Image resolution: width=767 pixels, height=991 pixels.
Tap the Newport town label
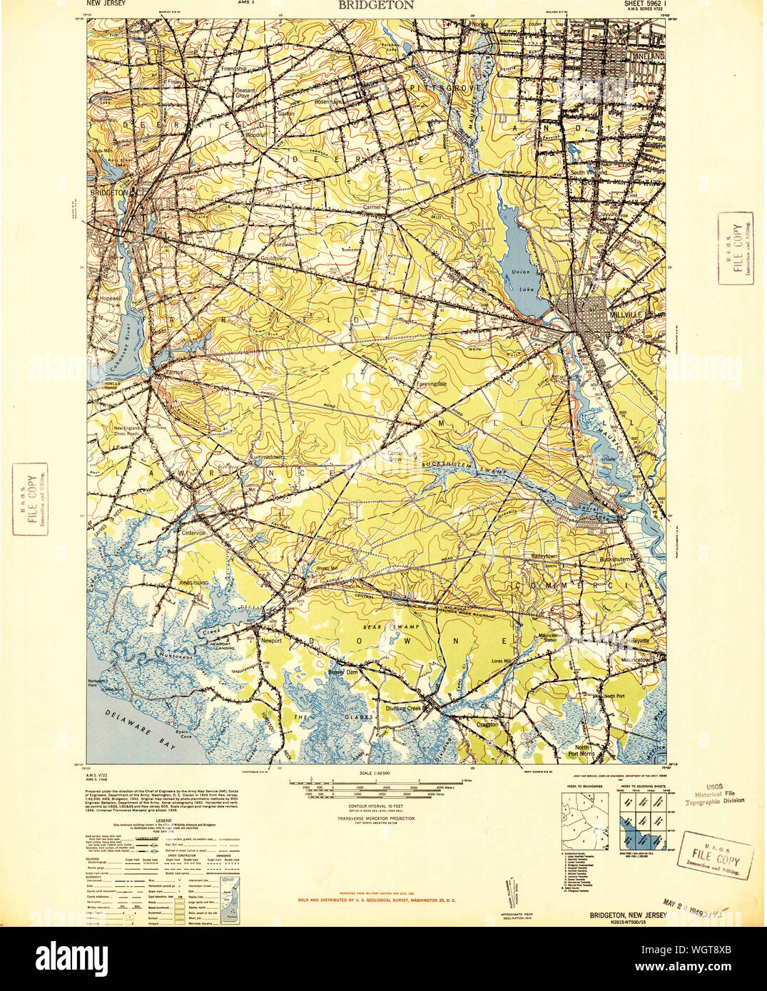click(x=271, y=640)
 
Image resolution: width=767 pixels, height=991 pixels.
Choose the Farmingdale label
click(x=432, y=384)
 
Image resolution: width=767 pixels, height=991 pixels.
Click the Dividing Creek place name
click(x=405, y=708)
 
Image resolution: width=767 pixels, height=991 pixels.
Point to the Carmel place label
click(x=374, y=207)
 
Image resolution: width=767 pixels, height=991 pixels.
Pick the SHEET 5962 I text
click(x=637, y=4)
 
